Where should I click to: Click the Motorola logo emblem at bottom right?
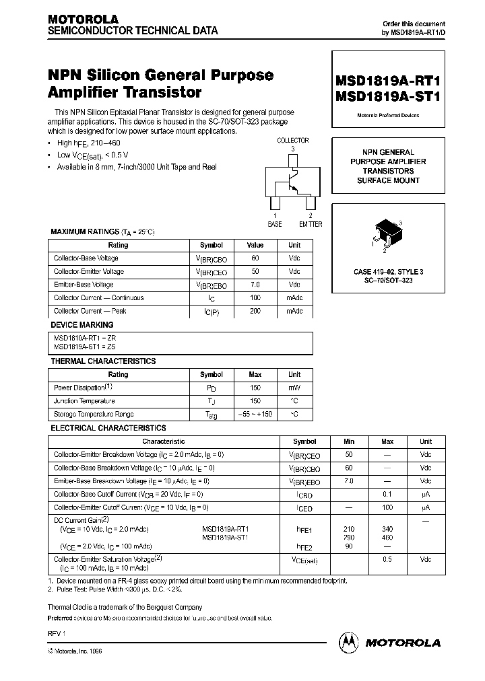click(349, 642)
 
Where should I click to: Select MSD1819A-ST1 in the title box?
click(388, 96)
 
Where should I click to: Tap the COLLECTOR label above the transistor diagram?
click(292, 140)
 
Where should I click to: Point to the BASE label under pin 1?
click(275, 224)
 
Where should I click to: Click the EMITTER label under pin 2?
click(311, 224)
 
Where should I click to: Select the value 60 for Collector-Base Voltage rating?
click(255, 258)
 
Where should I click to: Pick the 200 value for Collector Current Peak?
click(255, 311)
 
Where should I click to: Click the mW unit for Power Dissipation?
click(294, 388)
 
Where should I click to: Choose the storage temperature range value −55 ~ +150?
click(255, 414)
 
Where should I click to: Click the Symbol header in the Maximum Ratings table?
click(212, 245)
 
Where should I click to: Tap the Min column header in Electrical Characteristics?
click(349, 441)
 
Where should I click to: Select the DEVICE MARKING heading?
click(78, 324)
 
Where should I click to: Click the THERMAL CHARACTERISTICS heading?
click(103, 361)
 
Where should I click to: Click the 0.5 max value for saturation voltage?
click(387, 559)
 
